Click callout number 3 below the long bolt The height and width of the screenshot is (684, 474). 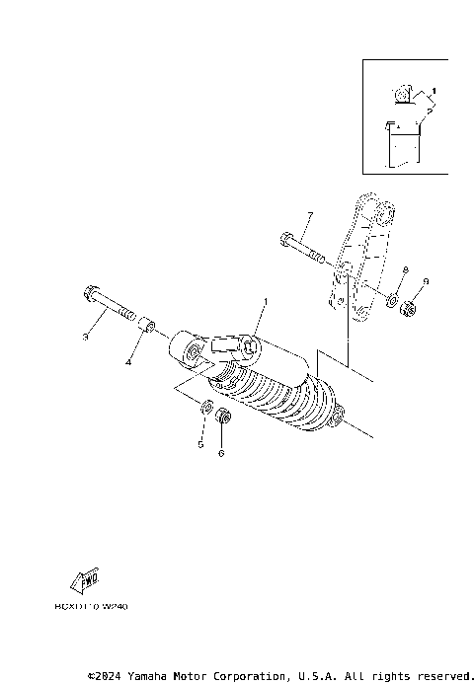[86, 338]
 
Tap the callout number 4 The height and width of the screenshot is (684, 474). [127, 362]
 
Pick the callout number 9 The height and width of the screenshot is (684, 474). [426, 282]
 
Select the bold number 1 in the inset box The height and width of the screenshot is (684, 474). [434, 92]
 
